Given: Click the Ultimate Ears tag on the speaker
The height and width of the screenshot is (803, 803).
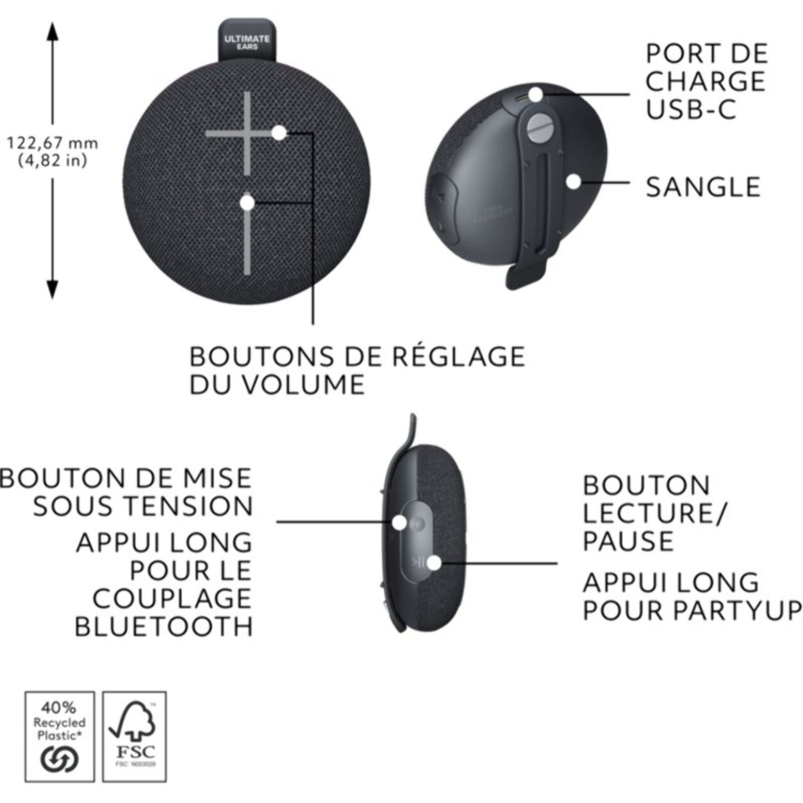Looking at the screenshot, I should coord(247,42).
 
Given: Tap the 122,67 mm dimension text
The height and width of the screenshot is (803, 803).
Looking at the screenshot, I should coord(53,142).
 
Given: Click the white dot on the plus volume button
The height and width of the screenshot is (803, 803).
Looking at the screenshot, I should coord(279,133).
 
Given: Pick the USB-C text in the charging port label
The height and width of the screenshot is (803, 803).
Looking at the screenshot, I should coord(691,109).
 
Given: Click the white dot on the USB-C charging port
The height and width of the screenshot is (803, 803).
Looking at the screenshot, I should coord(536,95).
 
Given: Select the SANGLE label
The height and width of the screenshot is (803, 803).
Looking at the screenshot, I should coord(703,187).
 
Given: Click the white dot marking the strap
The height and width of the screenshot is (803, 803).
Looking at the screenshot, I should coord(574,181).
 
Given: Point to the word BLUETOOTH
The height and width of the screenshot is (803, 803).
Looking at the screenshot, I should coord(163,626).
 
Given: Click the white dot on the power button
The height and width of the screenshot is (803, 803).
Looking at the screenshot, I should coord(399,522).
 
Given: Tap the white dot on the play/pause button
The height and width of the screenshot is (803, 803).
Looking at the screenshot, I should coord(434,563).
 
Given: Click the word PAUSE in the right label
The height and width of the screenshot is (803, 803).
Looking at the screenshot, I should coord(628,542).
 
